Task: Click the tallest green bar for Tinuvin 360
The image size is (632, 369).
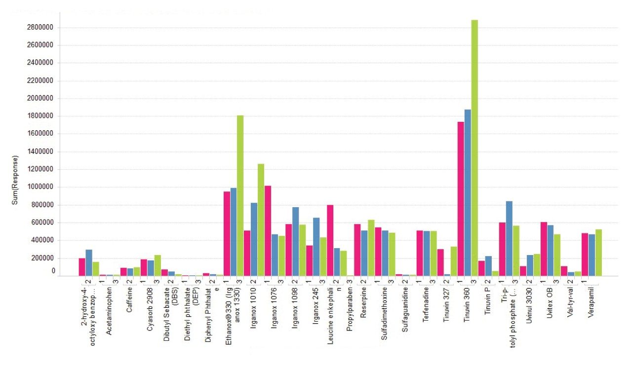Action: pyautogui.click(x=474, y=148)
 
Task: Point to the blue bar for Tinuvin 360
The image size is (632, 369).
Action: pyautogui.click(x=468, y=192)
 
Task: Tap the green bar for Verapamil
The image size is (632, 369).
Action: pyautogui.click(x=598, y=252)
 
